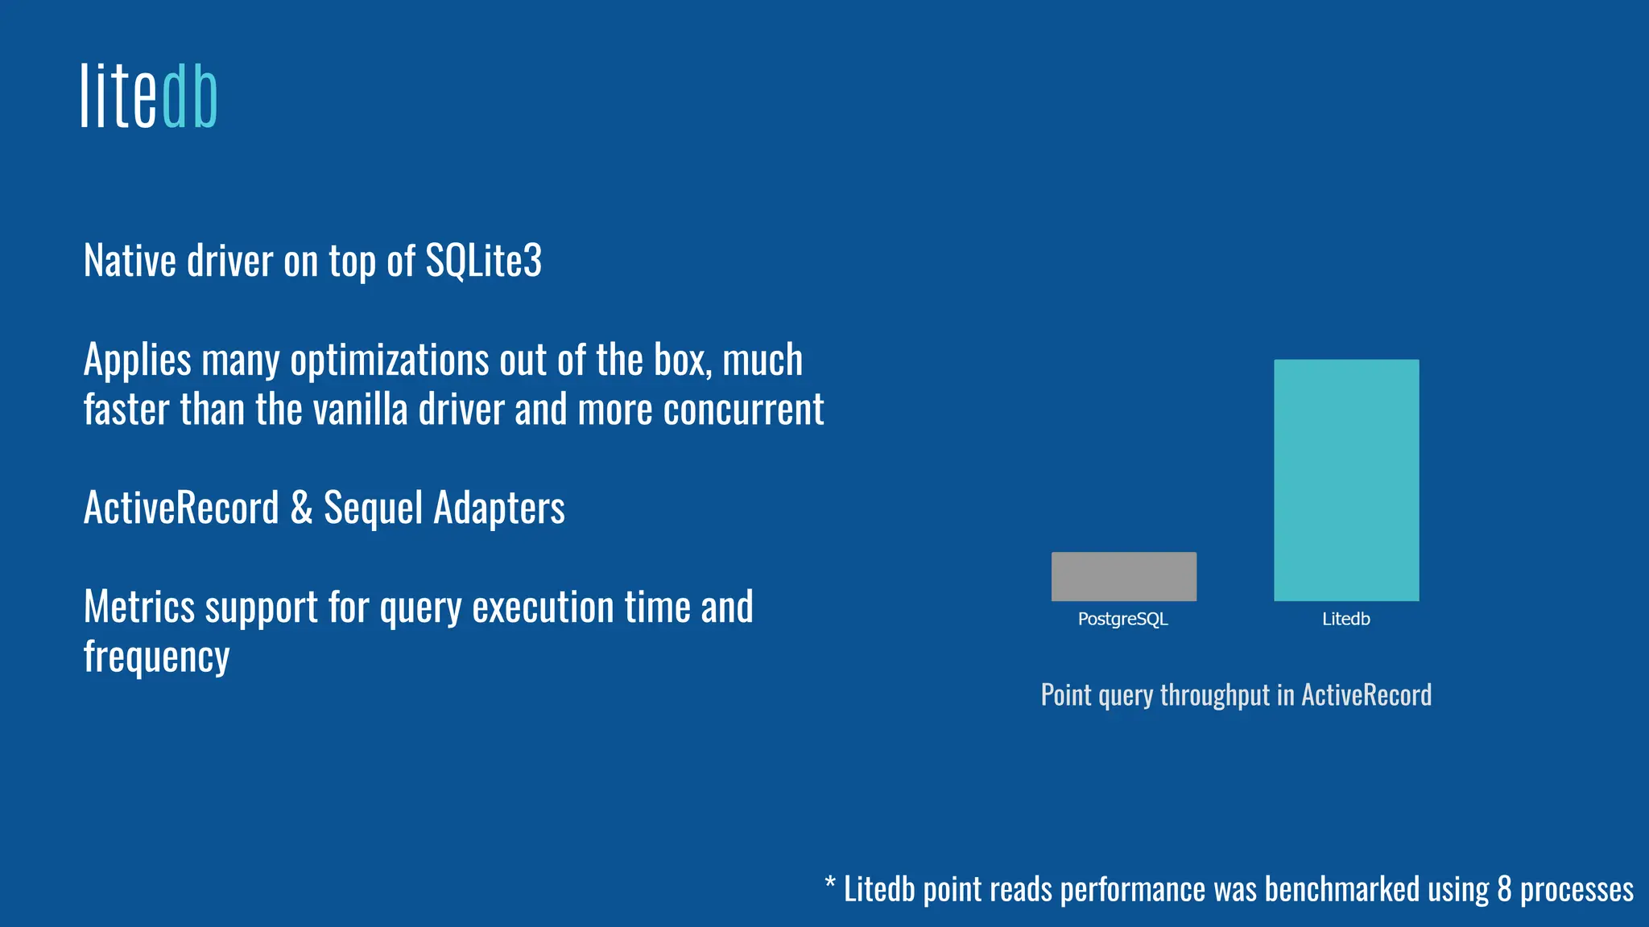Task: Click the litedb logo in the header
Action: click(x=149, y=97)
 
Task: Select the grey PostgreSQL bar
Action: click(x=1123, y=576)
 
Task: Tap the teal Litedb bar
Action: click(x=1345, y=480)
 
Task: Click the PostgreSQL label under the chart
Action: click(x=1122, y=619)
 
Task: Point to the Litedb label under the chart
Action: click(x=1345, y=619)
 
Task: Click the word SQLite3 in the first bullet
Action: click(x=483, y=261)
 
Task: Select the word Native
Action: click(x=130, y=261)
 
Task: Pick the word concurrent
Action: click(x=743, y=409)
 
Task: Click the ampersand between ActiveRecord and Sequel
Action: click(x=301, y=508)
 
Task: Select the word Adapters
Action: click(x=499, y=508)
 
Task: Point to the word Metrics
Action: click(x=138, y=607)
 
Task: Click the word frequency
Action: click(x=156, y=657)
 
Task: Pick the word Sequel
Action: click(x=373, y=508)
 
